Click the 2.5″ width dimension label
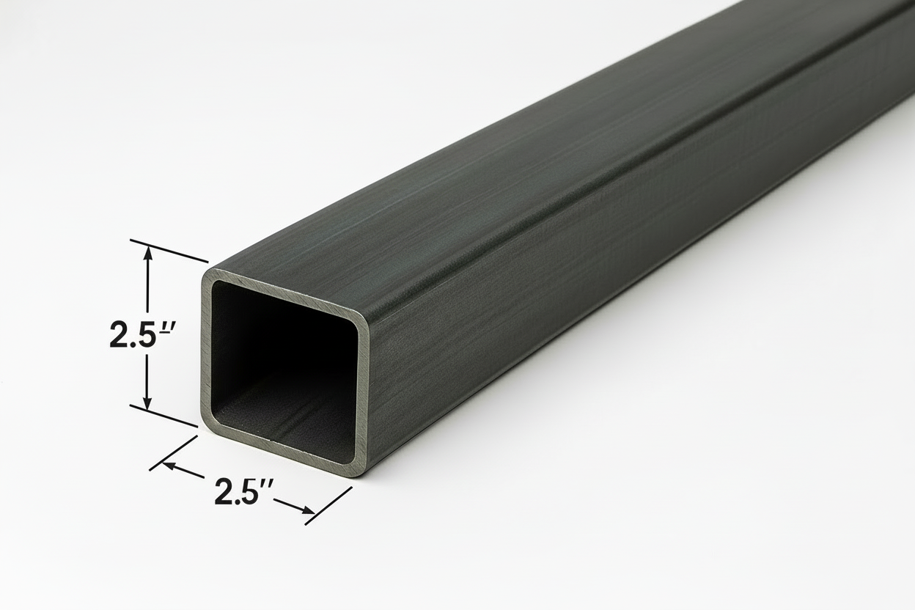(244, 490)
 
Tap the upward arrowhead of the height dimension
(148, 252)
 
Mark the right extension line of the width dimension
(328, 505)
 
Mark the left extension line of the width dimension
(174, 452)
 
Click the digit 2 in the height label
(119, 335)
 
